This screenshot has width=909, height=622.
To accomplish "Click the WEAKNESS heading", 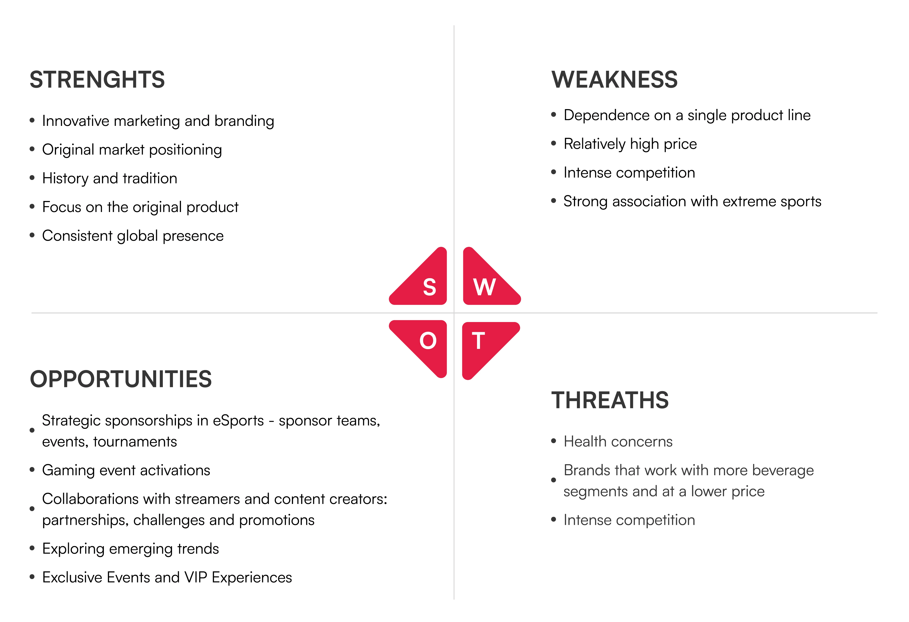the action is click(615, 79).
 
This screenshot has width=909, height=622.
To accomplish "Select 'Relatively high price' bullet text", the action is click(630, 144).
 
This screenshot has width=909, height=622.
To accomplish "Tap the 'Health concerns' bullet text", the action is click(618, 442).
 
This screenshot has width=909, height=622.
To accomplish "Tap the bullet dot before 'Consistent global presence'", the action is click(32, 235).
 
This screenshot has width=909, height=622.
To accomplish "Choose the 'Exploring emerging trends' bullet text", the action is click(131, 549).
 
